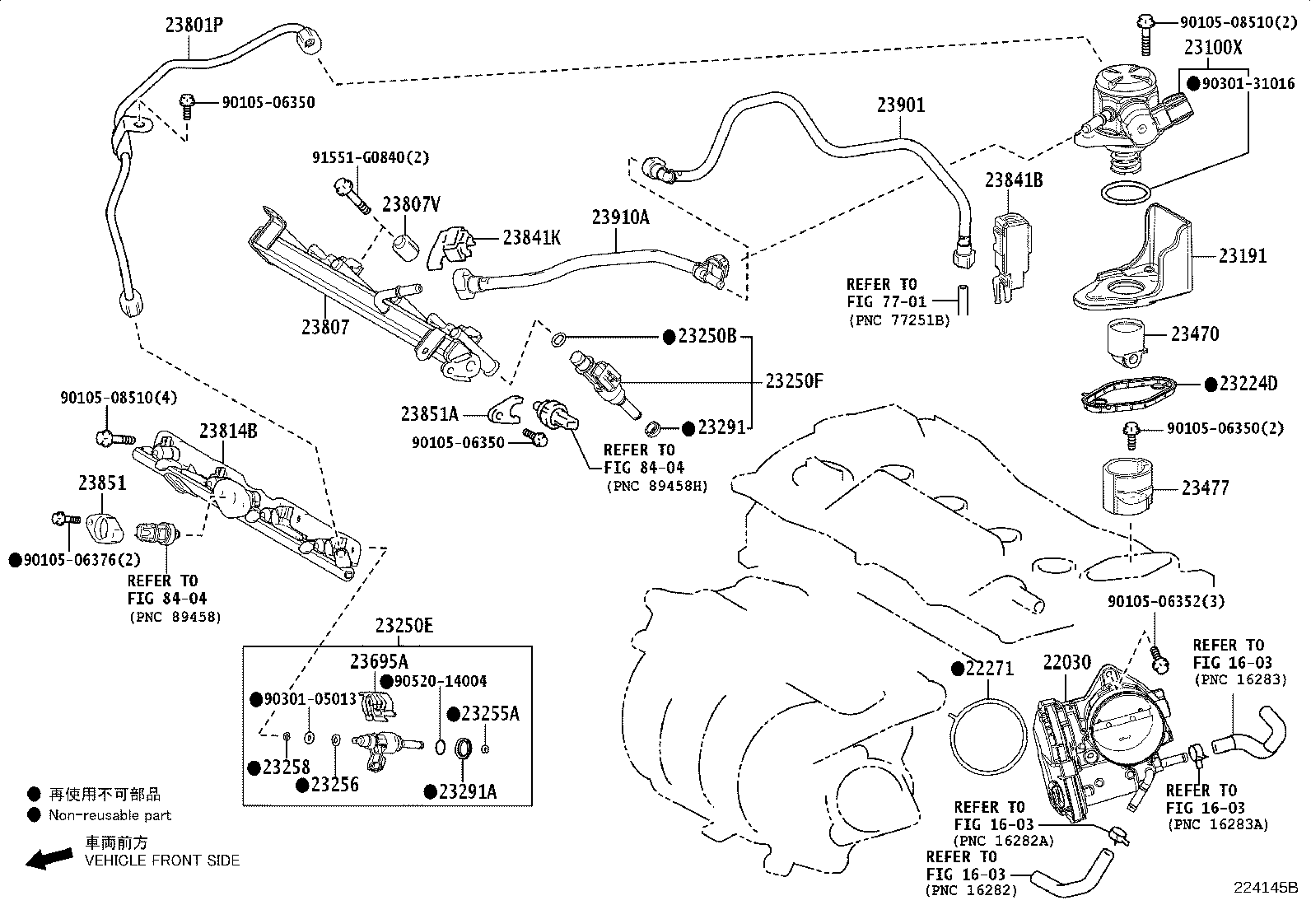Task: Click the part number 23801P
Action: pyautogui.click(x=194, y=26)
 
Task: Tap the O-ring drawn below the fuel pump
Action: pyautogui.click(x=1126, y=194)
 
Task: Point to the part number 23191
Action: pyautogui.click(x=1243, y=256)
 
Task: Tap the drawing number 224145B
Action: pyautogui.click(x=1265, y=888)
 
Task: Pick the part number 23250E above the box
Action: pyautogui.click(x=404, y=625)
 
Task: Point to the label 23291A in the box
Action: pyautogui.click(x=468, y=791)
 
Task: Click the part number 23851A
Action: pyautogui.click(x=429, y=413)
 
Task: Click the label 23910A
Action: pyautogui.click(x=620, y=217)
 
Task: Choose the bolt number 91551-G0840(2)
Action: pyautogui.click(x=370, y=157)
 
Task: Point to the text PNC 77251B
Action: pyautogui.click(x=898, y=320)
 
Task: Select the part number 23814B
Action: pyautogui.click(x=227, y=430)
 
